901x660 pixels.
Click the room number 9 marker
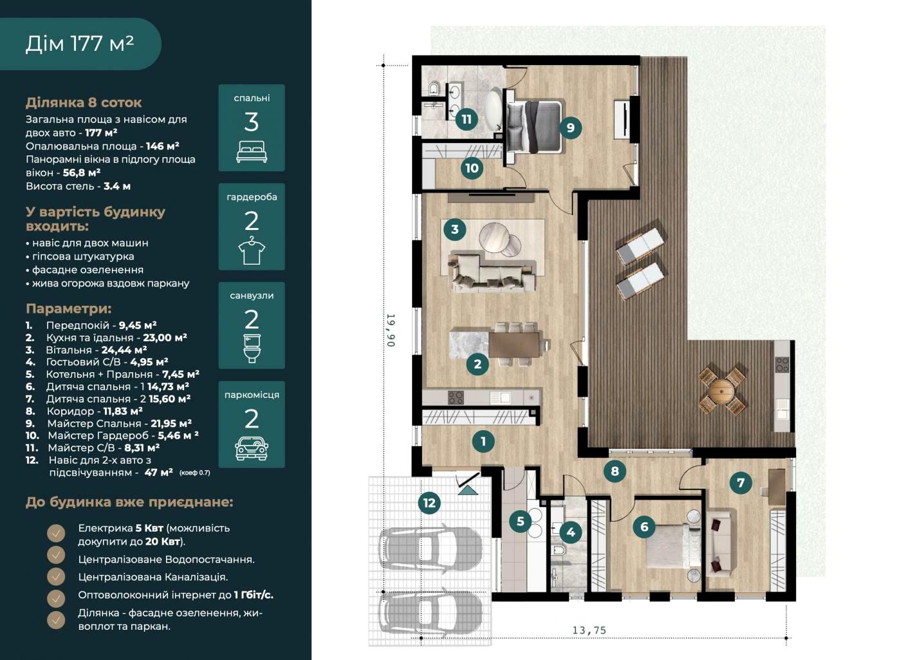click(x=570, y=127)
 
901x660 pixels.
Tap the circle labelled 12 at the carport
click(x=429, y=503)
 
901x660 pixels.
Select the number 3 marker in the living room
click(x=454, y=229)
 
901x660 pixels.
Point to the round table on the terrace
click(x=721, y=390)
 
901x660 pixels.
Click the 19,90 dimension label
click(x=391, y=330)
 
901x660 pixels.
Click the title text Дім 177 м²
click(x=80, y=44)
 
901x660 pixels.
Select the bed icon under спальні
click(x=252, y=152)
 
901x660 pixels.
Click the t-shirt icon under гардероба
click(x=252, y=250)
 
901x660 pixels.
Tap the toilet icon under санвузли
click(x=252, y=349)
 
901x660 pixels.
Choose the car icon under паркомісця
click(x=252, y=448)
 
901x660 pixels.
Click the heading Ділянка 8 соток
click(x=84, y=102)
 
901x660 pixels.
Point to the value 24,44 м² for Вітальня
click(x=124, y=350)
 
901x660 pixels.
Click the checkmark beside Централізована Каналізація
click(x=56, y=577)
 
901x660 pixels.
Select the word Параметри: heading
click(x=69, y=308)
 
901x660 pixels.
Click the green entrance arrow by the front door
click(x=468, y=490)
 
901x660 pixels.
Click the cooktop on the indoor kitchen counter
click(x=456, y=398)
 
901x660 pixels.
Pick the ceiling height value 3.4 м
click(x=117, y=186)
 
